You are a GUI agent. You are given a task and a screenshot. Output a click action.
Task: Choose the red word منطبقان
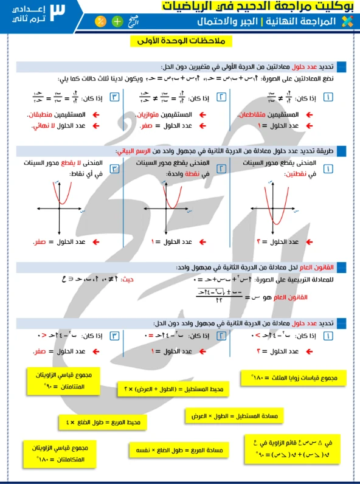42,114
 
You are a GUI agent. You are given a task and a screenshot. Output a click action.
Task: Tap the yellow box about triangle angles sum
292,379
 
